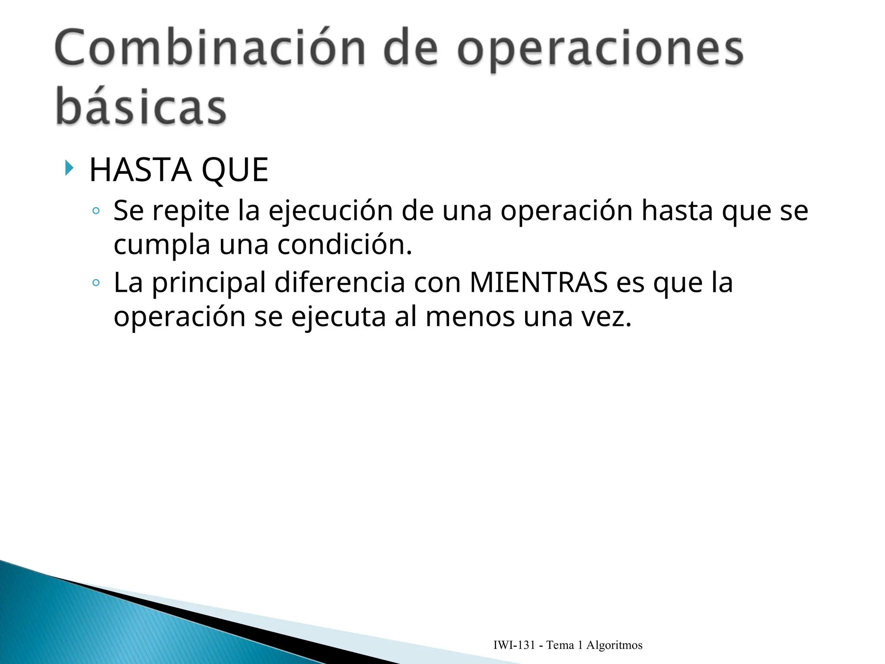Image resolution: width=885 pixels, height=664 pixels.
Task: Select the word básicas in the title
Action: (141, 107)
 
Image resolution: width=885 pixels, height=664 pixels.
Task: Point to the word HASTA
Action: (140, 170)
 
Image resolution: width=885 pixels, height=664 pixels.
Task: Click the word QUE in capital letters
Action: (235, 170)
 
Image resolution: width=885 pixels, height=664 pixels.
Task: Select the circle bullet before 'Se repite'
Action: (96, 211)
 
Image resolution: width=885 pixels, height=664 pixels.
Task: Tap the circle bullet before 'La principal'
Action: (96, 283)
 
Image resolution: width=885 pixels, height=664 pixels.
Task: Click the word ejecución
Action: (331, 211)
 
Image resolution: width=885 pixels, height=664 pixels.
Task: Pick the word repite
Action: (191, 211)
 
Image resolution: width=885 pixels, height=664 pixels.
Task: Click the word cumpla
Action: (162, 245)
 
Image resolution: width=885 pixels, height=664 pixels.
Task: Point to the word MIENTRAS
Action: (538, 283)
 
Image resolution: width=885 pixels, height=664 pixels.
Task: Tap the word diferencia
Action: (340, 283)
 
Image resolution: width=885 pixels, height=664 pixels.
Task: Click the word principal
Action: (209, 284)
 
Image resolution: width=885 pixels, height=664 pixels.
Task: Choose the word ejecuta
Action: (338, 317)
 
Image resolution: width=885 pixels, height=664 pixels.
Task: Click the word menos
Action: (470, 317)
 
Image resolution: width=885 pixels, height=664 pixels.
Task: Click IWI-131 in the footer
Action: (514, 645)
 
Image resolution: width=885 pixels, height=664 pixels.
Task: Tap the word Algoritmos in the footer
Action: (614, 645)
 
